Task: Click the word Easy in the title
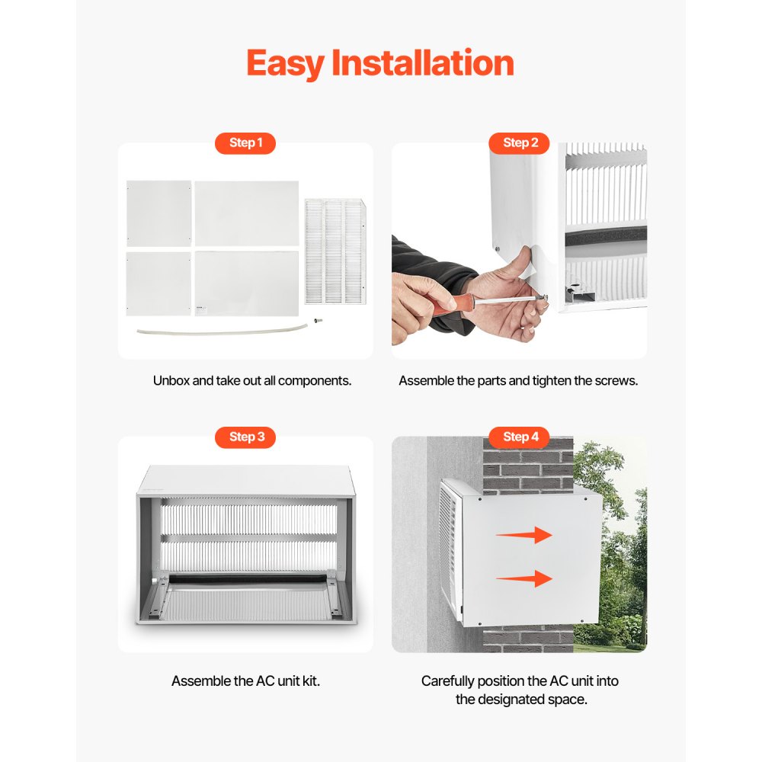[285, 63]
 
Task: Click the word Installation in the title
[423, 62]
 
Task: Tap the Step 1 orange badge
[245, 143]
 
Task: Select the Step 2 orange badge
[520, 143]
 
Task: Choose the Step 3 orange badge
[245, 437]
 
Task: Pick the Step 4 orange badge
[520, 437]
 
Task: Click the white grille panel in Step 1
[335, 251]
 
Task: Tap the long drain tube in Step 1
[221, 330]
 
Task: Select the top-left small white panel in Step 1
[158, 213]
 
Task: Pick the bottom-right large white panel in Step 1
[246, 283]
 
